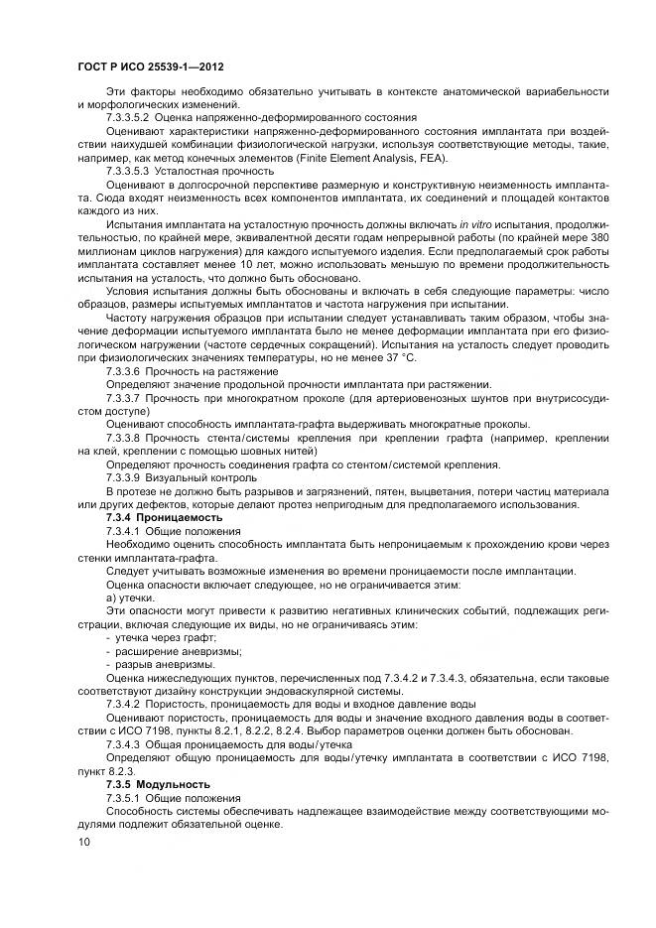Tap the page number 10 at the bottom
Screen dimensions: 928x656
pyautogui.click(x=84, y=842)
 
